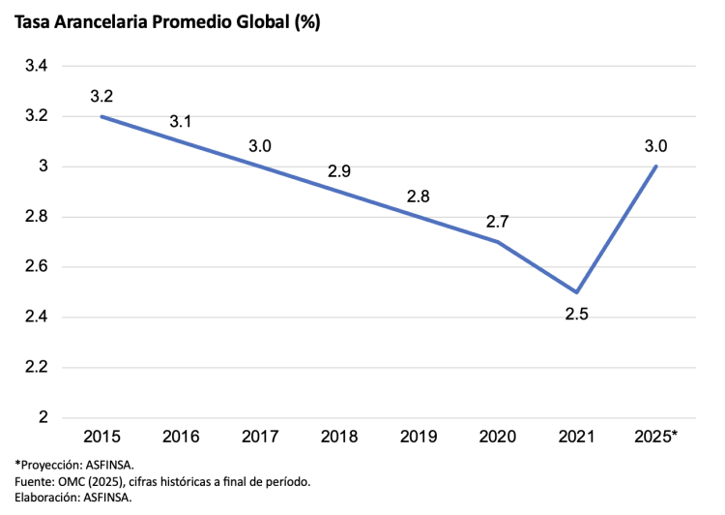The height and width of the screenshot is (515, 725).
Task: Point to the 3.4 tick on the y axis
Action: [36, 66]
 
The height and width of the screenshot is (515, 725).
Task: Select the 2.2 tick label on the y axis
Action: [36, 368]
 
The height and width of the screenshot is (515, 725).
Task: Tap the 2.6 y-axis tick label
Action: [36, 267]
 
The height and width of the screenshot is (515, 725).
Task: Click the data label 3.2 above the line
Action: [101, 96]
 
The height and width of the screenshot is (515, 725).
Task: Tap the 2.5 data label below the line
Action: [577, 314]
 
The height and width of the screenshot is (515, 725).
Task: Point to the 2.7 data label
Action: [497, 221]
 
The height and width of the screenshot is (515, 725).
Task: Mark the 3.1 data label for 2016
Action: [181, 121]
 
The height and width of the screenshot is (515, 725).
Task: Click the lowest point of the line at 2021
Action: [577, 292]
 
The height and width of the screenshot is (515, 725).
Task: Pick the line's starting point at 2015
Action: [101, 116]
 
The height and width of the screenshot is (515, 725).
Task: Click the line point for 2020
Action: [498, 242]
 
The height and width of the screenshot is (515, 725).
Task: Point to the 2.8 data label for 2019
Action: [418, 196]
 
